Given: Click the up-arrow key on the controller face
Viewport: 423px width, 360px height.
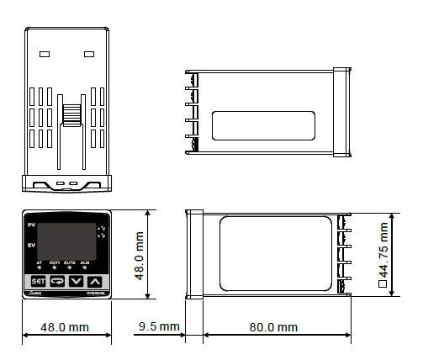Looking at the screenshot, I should (96, 281).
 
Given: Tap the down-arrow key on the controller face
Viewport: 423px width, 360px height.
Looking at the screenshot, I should (77, 281).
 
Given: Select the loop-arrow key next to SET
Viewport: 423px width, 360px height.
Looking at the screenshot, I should (57, 281).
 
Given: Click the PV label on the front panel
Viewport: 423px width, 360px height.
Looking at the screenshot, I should (31, 227).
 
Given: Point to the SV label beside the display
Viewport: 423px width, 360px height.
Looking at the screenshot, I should (31, 245).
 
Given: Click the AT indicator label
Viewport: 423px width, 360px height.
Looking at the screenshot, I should (39, 263).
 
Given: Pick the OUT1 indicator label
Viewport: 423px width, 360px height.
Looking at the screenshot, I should (55, 263).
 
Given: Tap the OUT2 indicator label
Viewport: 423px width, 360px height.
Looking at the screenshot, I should (71, 263).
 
